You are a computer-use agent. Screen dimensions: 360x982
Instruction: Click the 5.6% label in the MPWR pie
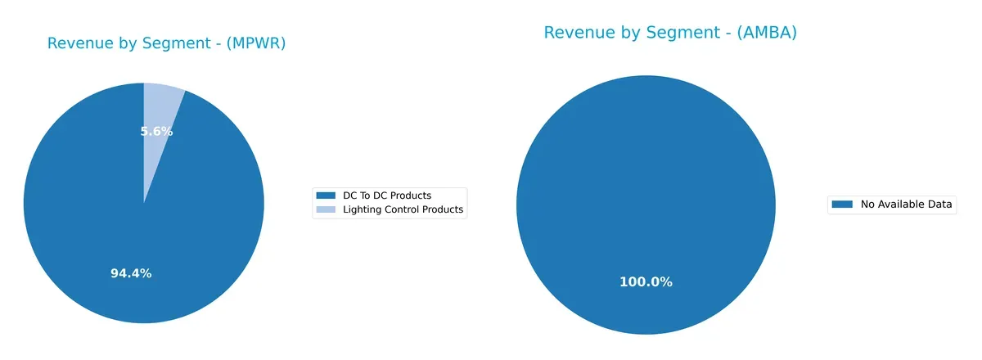click(x=155, y=132)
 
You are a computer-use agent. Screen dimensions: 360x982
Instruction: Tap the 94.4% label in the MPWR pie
click(x=131, y=273)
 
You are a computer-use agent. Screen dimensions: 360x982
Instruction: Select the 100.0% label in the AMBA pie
click(x=646, y=282)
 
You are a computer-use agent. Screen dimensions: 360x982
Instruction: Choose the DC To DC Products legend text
click(x=385, y=196)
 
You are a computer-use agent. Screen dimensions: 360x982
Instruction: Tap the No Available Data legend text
click(x=906, y=205)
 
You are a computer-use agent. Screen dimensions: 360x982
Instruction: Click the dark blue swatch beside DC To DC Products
click(x=326, y=196)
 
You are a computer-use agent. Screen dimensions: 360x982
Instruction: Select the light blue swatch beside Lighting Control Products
click(x=326, y=209)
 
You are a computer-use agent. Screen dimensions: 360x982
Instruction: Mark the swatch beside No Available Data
click(x=842, y=205)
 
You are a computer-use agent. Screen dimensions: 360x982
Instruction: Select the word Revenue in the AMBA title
click(x=577, y=33)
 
